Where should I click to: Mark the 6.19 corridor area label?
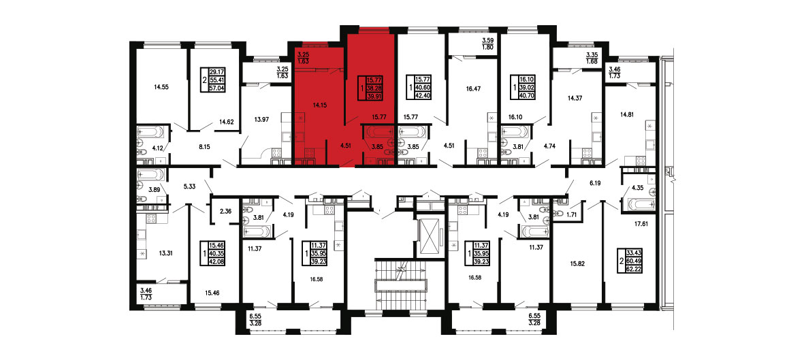[x=596, y=182]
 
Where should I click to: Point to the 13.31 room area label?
[x=161, y=252]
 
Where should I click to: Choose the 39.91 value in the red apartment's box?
[x=374, y=95]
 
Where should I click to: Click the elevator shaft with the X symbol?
[x=430, y=236]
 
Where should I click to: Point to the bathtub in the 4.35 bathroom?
[x=639, y=205]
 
